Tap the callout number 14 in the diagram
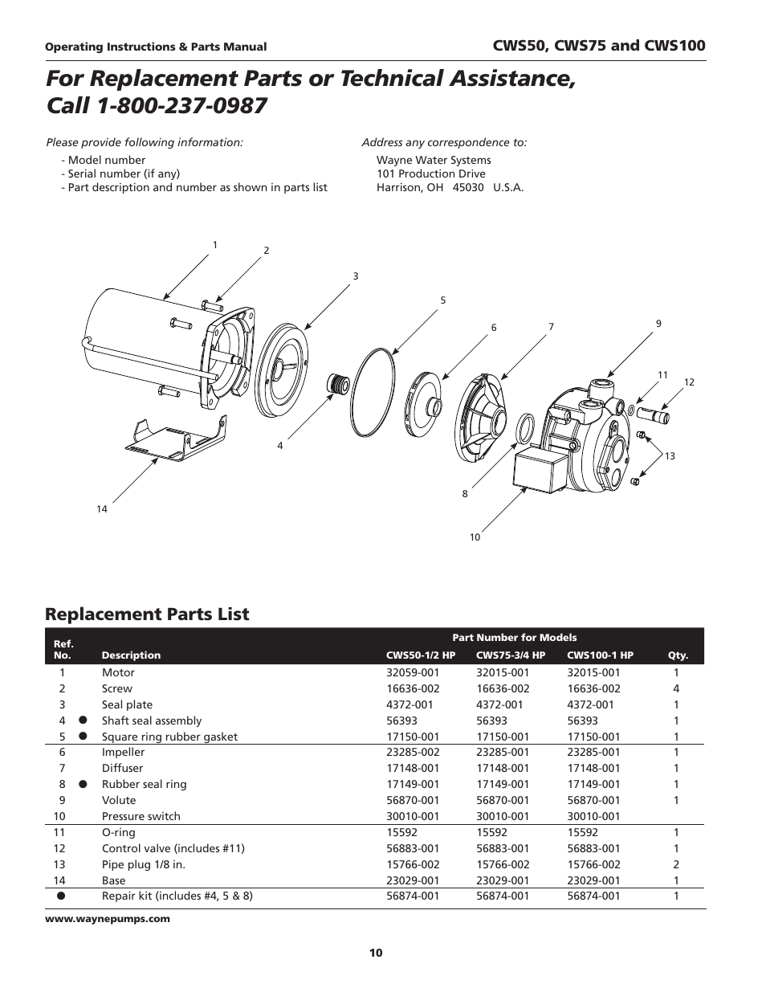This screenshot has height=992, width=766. pos(102,509)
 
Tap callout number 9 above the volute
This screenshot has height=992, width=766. pos(658,324)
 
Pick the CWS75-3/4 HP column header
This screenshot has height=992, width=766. pos(510,655)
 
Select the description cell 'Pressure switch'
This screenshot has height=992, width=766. pos(141,817)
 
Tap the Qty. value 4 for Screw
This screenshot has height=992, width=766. pos(676,689)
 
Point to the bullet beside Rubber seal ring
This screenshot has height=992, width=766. pos(82,785)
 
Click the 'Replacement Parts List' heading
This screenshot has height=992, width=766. pos(147,614)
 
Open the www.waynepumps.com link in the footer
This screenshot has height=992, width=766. pos(108,919)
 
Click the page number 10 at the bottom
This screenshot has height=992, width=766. pos(376,953)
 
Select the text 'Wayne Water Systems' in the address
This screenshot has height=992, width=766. pos(434,160)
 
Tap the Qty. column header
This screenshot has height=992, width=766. pos(678,655)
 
